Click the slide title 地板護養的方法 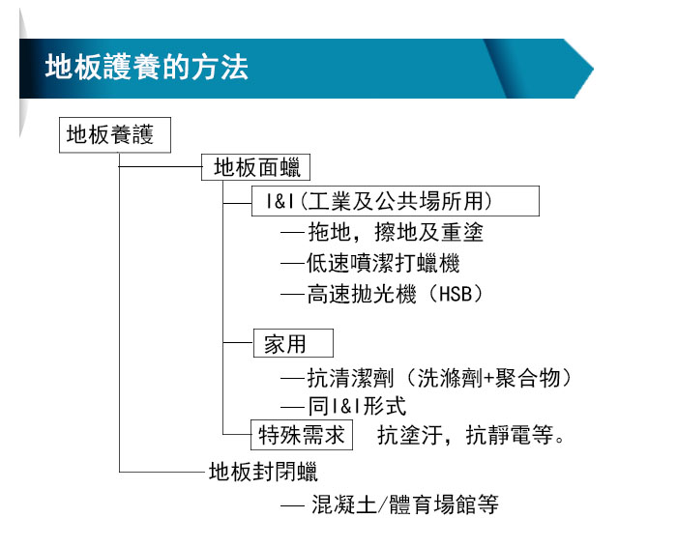[x=146, y=68]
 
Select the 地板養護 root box [x=115, y=135]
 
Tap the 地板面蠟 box [x=255, y=167]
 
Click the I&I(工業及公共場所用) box [x=396, y=201]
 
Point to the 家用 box [x=293, y=343]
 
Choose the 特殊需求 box [x=302, y=434]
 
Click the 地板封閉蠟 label [x=263, y=472]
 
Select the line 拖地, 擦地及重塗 [x=396, y=232]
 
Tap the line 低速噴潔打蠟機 [x=383, y=263]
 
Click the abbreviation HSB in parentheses [x=456, y=294]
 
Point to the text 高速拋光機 [x=362, y=294]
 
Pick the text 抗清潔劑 [x=350, y=378]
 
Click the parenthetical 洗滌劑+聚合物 [x=488, y=378]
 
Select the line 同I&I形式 [x=357, y=406]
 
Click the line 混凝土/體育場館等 [x=405, y=504]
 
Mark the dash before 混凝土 [x=293, y=504]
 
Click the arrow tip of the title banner [x=593, y=69]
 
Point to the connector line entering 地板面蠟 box [x=161, y=166]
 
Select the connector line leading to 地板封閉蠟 [x=162, y=472]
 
